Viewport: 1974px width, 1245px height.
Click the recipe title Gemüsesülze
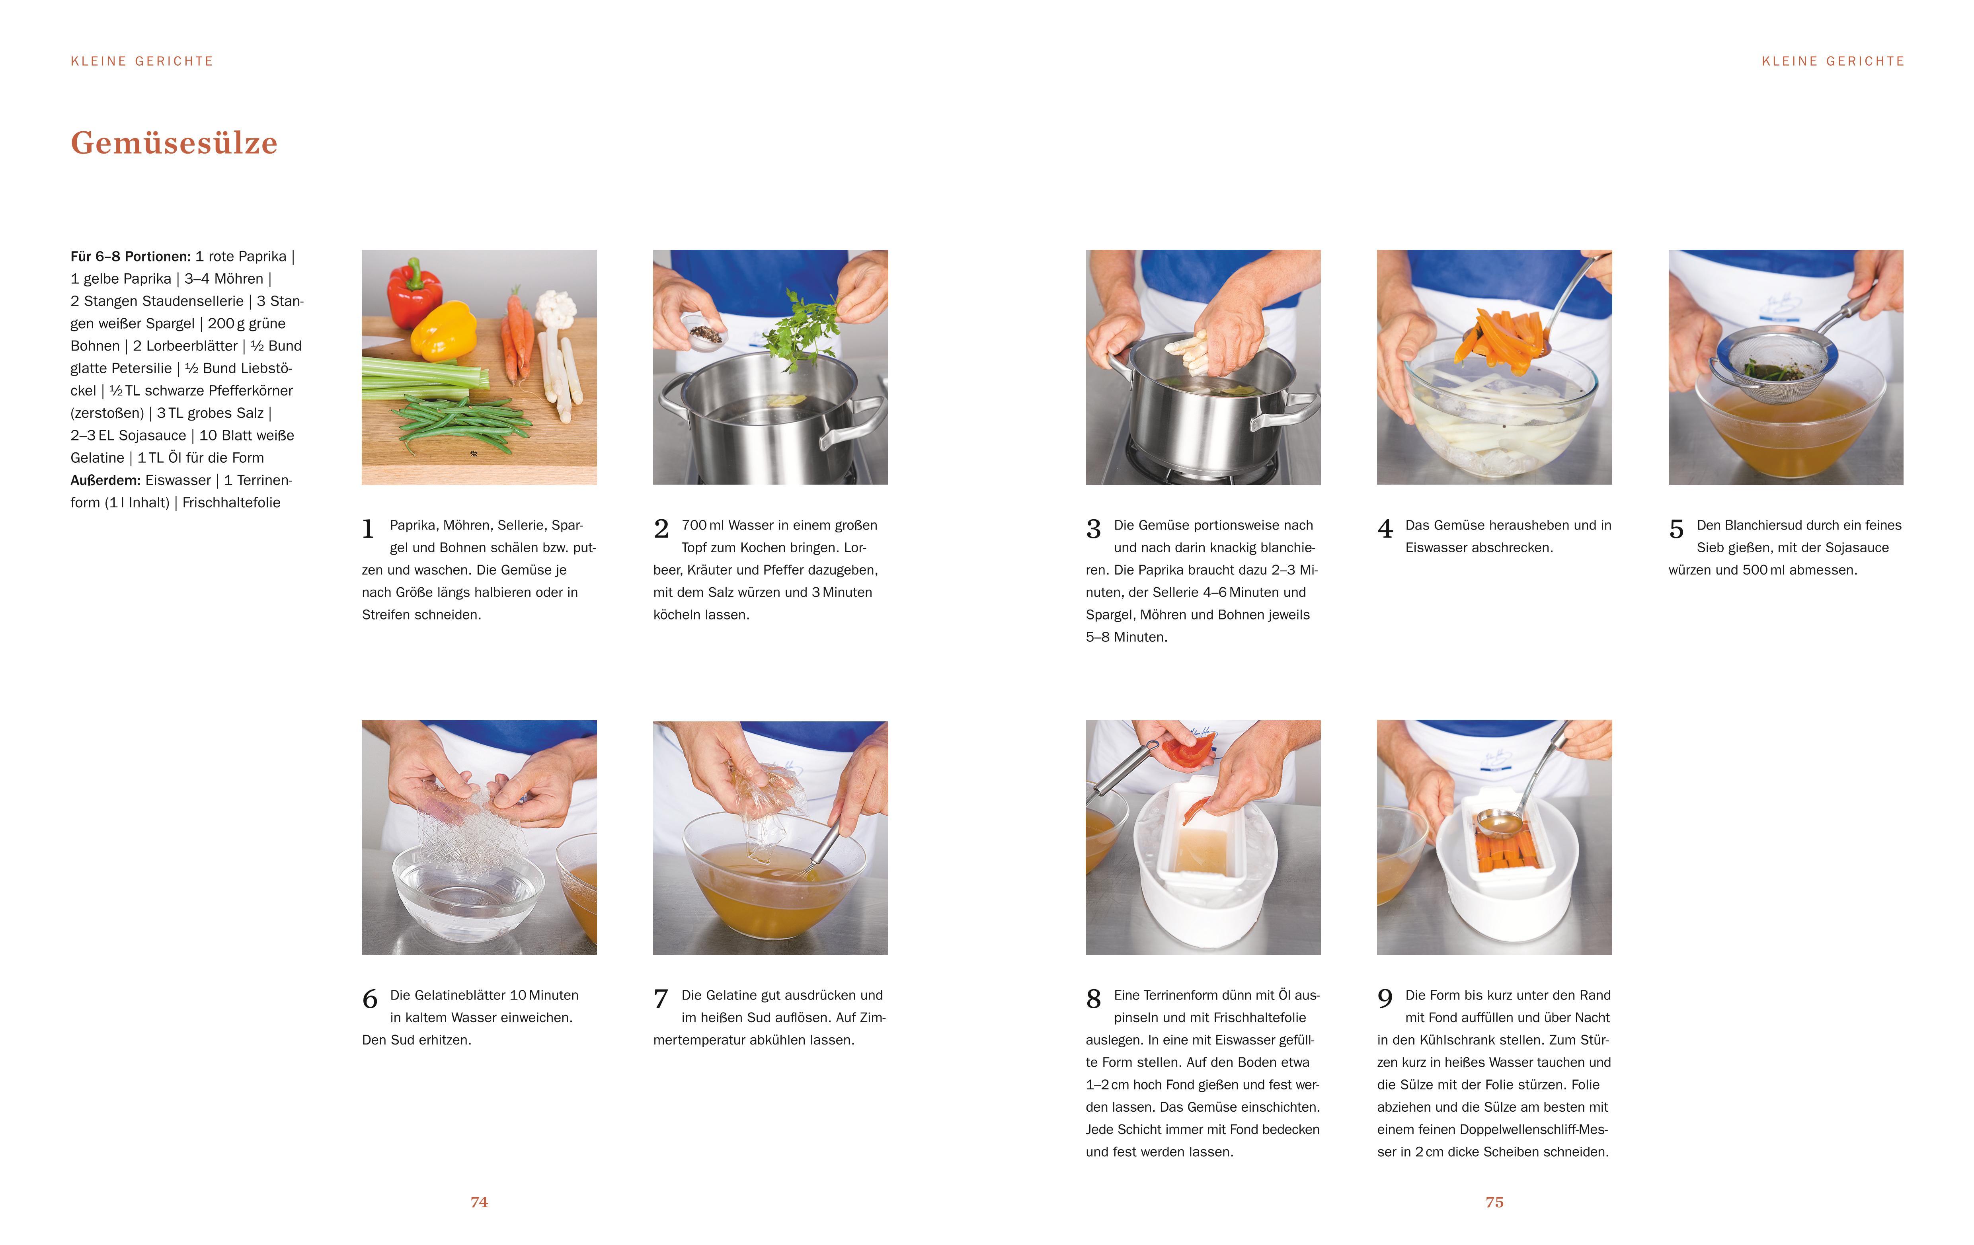click(174, 142)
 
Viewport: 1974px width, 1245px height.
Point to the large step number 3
click(1094, 529)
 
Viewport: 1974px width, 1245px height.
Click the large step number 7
click(661, 998)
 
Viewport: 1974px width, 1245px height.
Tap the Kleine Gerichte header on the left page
click(142, 61)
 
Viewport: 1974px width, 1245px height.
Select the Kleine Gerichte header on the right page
click(1833, 61)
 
